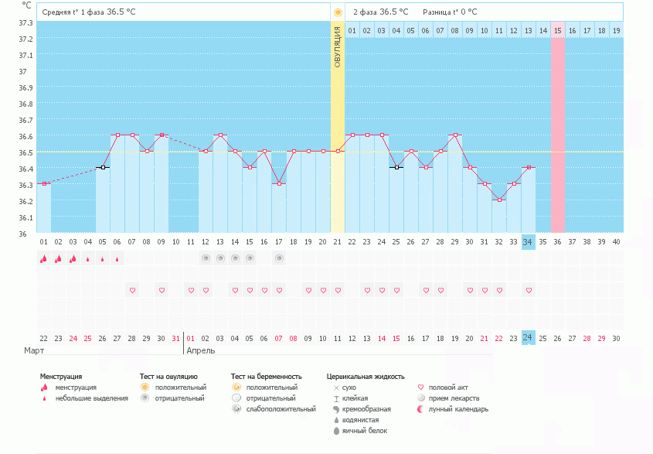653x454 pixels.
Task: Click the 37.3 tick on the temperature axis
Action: pos(26,22)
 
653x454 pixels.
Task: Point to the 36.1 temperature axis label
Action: pos(26,217)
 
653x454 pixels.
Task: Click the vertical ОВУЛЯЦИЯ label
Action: pos(338,46)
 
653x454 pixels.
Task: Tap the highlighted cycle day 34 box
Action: pos(529,241)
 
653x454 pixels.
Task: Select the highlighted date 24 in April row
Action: pos(529,338)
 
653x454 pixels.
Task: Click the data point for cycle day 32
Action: pos(499,200)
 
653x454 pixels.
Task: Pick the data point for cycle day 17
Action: pos(279,183)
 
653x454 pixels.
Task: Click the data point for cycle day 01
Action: pos(44,183)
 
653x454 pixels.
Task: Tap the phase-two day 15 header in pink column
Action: pos(558,31)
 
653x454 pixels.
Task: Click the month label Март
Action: pos(33,350)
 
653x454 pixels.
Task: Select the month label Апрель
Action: pos(201,350)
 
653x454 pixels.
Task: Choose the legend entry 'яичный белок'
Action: pos(365,431)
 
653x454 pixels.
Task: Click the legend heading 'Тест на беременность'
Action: pos(267,377)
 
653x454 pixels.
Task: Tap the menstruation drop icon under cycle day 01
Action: pos(44,259)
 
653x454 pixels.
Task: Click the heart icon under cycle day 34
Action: pos(529,290)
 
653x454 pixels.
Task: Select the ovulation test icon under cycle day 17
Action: pos(279,258)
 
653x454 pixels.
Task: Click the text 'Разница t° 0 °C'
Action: pos(450,12)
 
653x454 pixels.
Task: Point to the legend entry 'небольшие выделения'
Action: pos(91,398)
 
